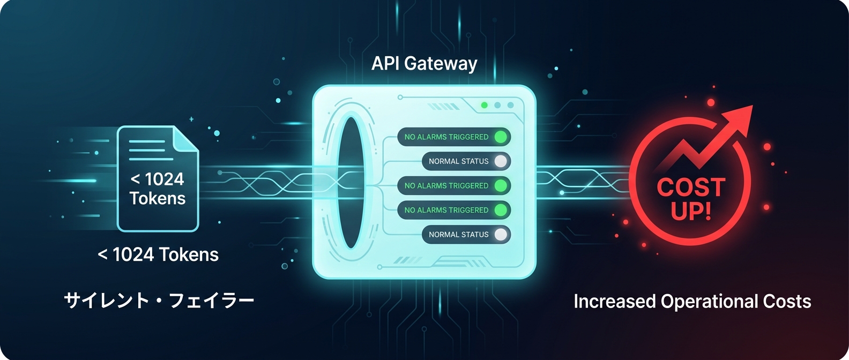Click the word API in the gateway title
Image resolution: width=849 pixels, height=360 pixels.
click(385, 63)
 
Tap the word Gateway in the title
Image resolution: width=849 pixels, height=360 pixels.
click(441, 64)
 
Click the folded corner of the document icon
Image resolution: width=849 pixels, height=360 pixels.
click(185, 139)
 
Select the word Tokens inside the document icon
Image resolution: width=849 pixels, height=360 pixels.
click(158, 199)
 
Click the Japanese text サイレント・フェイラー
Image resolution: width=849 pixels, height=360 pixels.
click(159, 301)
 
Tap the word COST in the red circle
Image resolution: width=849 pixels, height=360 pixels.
click(691, 187)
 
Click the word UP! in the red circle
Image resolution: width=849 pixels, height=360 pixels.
click(691, 211)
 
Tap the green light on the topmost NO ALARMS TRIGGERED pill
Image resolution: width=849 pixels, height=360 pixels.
click(501, 137)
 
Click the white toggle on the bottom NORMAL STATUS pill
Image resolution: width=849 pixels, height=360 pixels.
click(501, 235)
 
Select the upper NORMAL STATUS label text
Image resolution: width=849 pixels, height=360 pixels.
click(458, 161)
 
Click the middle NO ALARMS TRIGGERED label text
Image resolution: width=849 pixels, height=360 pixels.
click(446, 186)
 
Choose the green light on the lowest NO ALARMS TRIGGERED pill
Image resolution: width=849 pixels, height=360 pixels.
click(501, 210)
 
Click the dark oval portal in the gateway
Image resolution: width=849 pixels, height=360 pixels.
click(351, 183)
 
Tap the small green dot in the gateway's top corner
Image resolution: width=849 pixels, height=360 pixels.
click(485, 105)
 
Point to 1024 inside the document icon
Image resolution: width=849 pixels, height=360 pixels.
click(164, 179)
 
